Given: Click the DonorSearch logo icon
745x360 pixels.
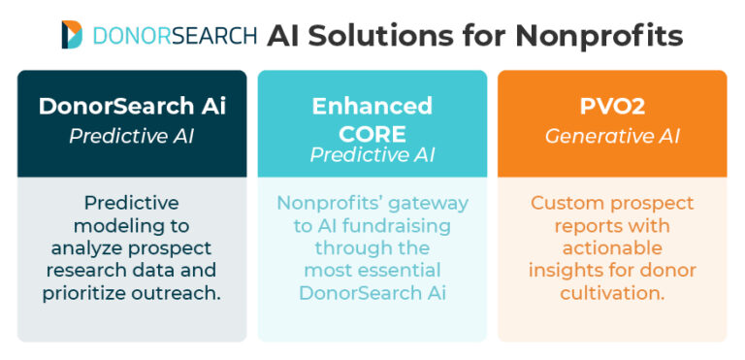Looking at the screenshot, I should pyautogui.click(x=72, y=34).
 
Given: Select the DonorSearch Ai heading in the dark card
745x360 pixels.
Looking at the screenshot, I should pyautogui.click(x=132, y=106).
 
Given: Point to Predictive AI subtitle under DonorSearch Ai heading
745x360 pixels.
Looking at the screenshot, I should pyautogui.click(x=132, y=136).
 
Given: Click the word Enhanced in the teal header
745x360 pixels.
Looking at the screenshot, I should pyautogui.click(x=372, y=106).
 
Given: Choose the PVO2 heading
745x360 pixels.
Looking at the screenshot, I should pyautogui.click(x=612, y=106).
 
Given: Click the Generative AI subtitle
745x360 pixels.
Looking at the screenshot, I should pyautogui.click(x=612, y=136).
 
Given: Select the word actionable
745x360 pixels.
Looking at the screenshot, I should pyautogui.click(x=612, y=247).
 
